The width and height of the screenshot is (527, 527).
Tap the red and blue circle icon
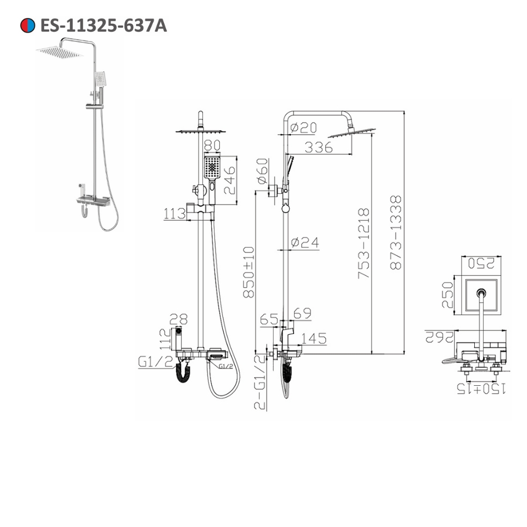tap(27, 25)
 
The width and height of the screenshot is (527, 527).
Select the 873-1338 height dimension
tap(396, 232)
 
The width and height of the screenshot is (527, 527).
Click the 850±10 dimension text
tap(249, 272)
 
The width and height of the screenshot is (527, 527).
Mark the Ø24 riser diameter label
tap(306, 242)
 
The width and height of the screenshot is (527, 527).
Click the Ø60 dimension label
tap(262, 172)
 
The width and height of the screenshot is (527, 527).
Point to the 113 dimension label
tap(174, 213)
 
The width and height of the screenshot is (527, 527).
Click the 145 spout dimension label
tap(314, 338)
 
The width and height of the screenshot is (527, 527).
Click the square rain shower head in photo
tap(59, 52)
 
